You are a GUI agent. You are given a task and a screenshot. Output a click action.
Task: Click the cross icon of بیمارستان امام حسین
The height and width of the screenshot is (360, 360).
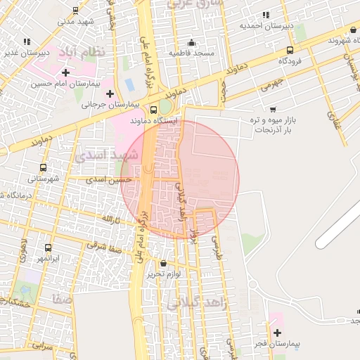(x=65, y=72)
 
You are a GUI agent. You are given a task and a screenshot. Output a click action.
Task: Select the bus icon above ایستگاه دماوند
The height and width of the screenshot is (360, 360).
(x=154, y=110)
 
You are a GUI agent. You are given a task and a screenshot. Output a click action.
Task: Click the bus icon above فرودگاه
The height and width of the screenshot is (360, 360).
(x=290, y=51)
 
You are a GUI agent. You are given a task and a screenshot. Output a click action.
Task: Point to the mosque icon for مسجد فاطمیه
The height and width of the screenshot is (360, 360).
(x=192, y=43)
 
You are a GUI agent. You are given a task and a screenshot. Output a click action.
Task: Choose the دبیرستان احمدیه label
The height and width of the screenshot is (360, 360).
(x=266, y=26)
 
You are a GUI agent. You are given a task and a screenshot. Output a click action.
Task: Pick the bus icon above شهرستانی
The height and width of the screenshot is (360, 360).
(x=44, y=168)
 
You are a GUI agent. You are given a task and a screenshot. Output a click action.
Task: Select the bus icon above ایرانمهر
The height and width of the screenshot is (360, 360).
(x=48, y=247)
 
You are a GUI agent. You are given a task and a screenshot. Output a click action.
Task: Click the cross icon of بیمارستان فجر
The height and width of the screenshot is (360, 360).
(x=276, y=332)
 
